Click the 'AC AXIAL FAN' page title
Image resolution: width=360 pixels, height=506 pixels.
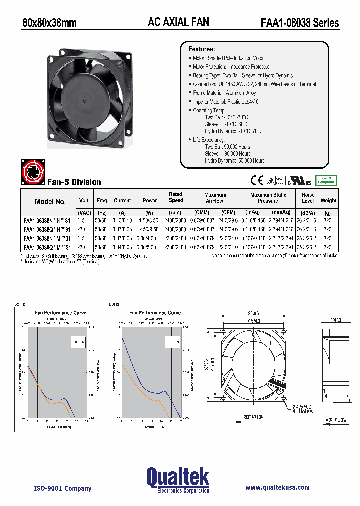coord(178,22)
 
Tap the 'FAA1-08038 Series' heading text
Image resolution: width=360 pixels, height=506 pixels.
coord(300,23)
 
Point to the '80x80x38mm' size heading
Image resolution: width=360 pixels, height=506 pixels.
coord(50,23)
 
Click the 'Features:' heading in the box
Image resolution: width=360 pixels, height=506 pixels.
coord(201,49)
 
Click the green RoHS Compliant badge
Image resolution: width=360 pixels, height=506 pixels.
coord(326,180)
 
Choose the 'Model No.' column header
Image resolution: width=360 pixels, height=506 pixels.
coord(50,201)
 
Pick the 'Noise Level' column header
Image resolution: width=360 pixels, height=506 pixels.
coord(308,198)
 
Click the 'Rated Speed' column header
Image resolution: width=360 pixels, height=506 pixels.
coord(175,197)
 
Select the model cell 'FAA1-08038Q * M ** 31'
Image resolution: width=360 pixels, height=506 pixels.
coord(47,247)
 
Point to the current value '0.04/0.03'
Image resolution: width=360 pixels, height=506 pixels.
coord(122,247)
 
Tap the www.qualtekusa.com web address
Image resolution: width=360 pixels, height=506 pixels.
coord(277,487)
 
